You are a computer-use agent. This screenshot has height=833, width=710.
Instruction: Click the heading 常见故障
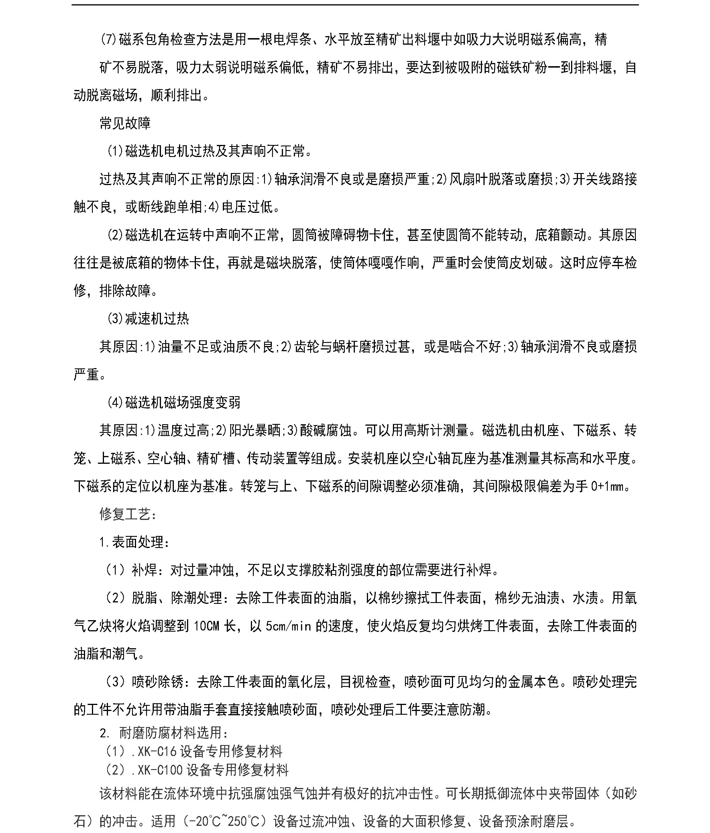(125, 123)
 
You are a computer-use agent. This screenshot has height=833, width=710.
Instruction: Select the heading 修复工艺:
(128, 514)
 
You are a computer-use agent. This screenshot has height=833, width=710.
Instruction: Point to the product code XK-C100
(160, 770)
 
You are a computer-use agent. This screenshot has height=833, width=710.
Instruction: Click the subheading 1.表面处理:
(134, 542)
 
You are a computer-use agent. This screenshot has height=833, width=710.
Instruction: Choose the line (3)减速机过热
(147, 319)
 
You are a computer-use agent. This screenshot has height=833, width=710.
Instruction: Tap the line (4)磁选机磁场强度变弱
(173, 402)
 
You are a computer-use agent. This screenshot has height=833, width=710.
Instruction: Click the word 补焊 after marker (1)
(144, 570)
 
